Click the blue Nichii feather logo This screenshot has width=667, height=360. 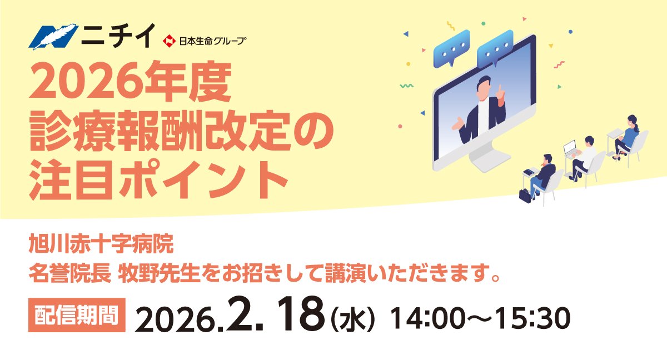[53, 37]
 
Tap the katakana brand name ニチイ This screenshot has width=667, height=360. [118, 36]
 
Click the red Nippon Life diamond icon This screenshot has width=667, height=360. [169, 41]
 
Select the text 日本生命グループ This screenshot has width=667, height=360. [212, 41]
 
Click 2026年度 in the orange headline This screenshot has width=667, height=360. [130, 81]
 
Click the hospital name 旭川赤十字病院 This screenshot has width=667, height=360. [101, 244]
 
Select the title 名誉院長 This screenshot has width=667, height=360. [70, 273]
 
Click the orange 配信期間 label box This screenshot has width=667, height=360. [77, 315]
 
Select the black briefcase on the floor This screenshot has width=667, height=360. [525, 196]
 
